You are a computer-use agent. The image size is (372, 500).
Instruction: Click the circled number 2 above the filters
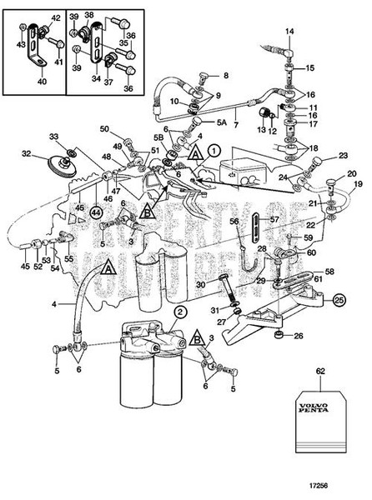(178, 312)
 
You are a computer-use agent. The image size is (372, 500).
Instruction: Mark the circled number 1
(214, 150)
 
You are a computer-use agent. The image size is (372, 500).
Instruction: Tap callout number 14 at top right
(291, 32)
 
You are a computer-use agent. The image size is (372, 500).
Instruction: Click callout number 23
(342, 155)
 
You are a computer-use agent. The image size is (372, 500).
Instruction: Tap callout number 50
(105, 129)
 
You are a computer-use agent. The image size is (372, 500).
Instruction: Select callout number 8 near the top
(224, 76)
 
